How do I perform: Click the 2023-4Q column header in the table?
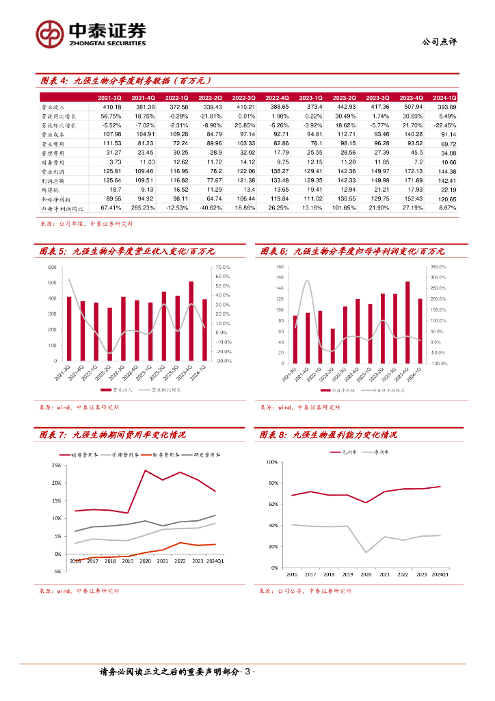411,99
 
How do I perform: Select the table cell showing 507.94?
411,107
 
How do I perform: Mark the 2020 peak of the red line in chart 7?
146,470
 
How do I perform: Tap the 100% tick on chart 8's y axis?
271,462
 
